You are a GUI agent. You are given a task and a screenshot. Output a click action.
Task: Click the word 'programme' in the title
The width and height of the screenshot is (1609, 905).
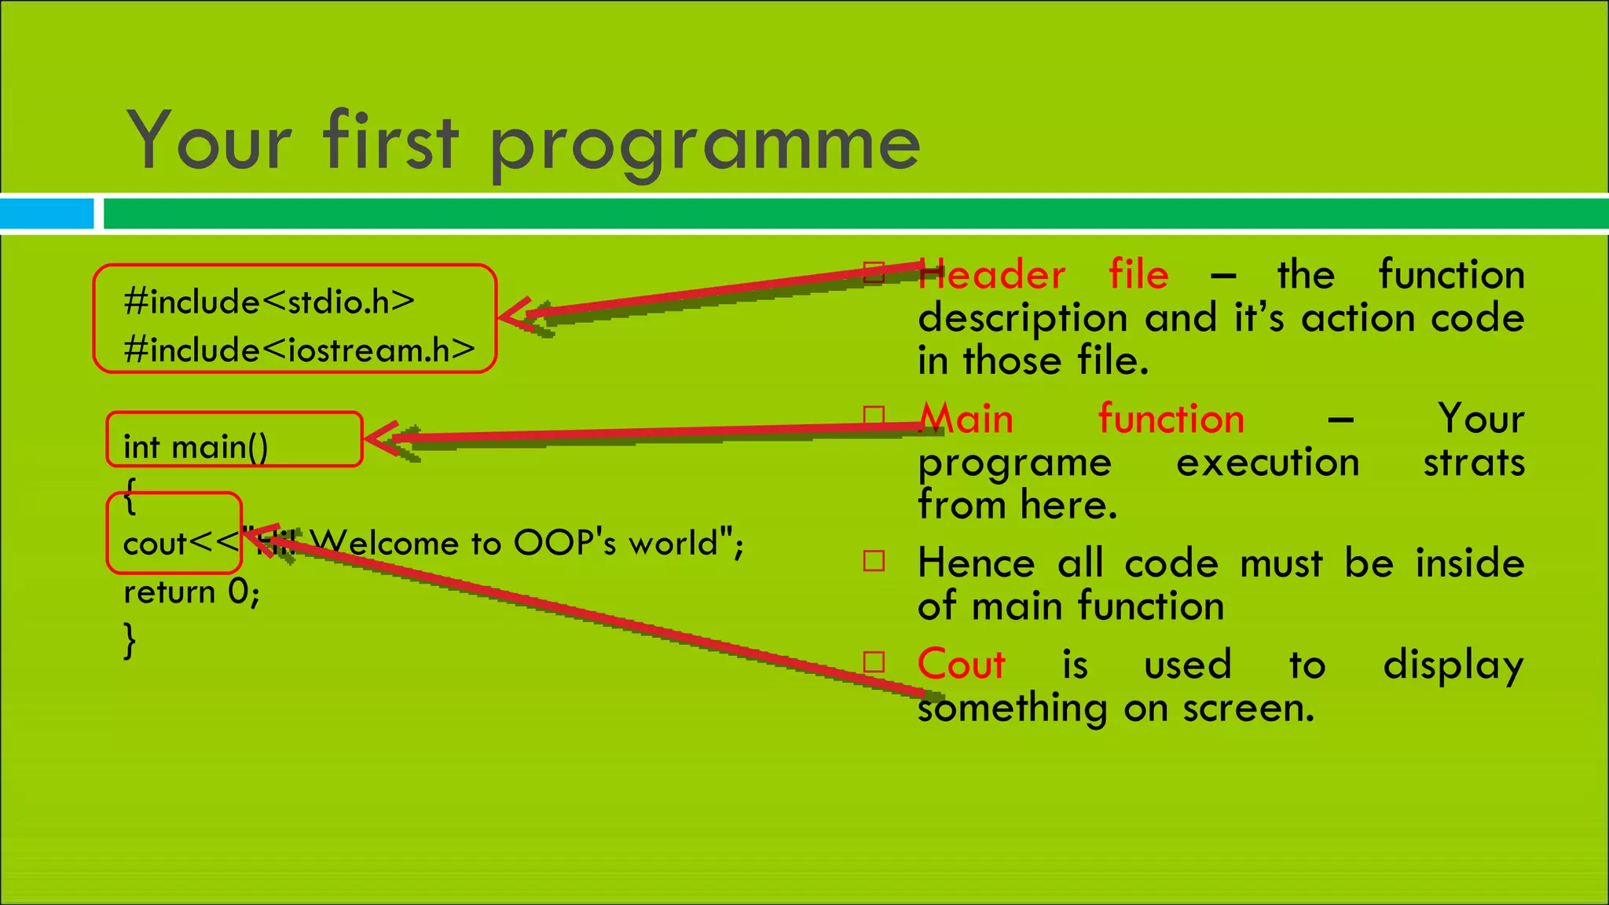click(x=705, y=145)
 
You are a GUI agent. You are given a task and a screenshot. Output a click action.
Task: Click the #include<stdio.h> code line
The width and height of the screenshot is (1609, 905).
click(x=269, y=302)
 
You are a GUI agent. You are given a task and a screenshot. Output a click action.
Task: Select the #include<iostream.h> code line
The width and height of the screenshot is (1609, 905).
click(x=299, y=350)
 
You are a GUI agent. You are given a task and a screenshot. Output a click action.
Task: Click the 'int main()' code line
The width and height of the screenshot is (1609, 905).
click(x=196, y=447)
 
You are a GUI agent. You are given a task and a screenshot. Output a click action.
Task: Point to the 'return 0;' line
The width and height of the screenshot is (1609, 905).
click(x=191, y=592)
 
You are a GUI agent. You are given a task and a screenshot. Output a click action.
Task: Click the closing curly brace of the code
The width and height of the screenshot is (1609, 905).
click(x=130, y=639)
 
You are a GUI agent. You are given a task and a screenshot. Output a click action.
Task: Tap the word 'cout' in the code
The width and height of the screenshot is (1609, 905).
click(x=154, y=544)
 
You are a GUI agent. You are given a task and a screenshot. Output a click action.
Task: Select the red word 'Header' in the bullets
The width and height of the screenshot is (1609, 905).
click(x=991, y=275)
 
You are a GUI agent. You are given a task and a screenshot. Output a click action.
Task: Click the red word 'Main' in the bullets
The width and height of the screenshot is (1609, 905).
click(x=966, y=419)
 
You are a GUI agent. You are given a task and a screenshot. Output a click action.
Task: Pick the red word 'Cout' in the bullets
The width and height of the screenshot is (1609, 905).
click(x=961, y=665)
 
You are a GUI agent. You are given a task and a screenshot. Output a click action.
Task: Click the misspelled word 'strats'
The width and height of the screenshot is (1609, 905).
click(x=1473, y=462)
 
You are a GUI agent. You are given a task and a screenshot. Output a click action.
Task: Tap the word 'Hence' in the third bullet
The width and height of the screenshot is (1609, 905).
click(x=976, y=563)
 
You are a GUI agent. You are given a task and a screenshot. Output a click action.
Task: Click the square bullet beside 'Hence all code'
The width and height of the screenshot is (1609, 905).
click(x=874, y=561)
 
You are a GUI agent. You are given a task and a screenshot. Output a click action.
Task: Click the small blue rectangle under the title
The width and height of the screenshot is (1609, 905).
click(x=46, y=214)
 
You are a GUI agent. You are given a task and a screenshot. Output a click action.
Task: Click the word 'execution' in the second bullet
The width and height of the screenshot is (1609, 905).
click(x=1266, y=462)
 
